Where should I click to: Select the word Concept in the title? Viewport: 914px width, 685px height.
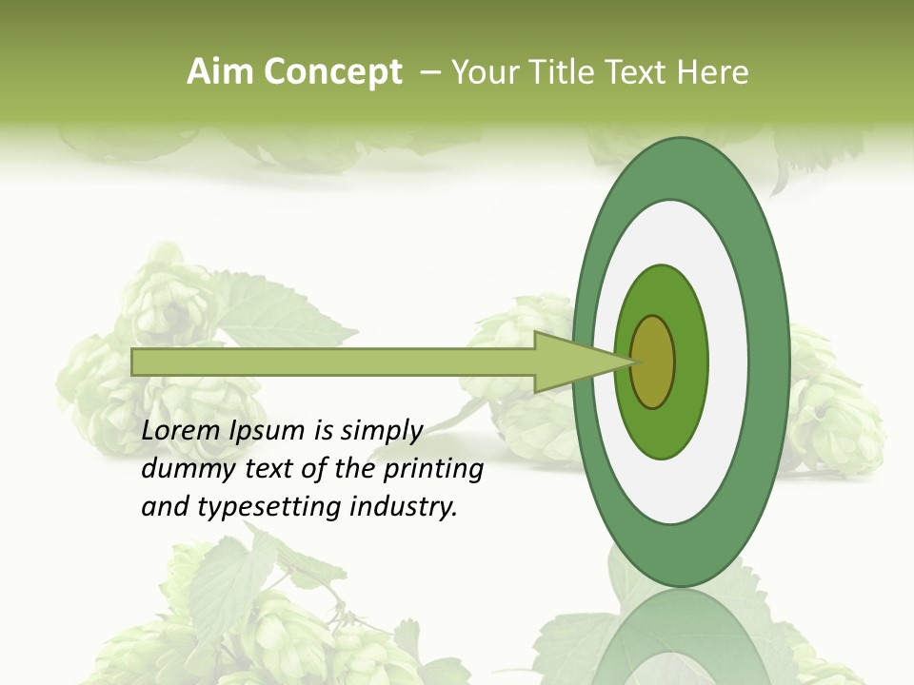point(332,72)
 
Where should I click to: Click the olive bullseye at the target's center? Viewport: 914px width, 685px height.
point(653,362)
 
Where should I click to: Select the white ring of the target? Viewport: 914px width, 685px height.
point(728,362)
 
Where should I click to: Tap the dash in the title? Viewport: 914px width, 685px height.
point(429,72)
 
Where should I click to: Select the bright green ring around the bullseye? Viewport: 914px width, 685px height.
point(690,362)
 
